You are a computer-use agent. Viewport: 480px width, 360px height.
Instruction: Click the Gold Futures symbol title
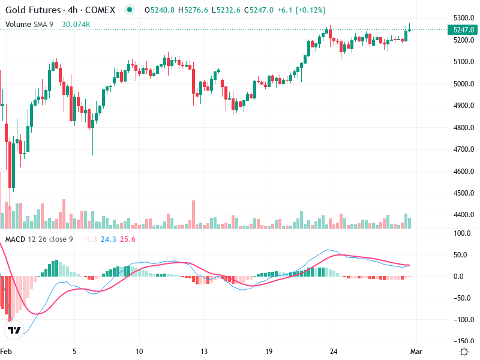click(x=60, y=10)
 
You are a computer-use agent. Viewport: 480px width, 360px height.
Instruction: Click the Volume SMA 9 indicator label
click(x=29, y=24)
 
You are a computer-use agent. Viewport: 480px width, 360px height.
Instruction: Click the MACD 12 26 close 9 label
click(x=40, y=239)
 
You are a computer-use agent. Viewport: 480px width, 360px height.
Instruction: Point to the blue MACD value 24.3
click(x=108, y=239)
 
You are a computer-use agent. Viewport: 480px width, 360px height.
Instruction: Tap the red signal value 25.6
click(x=128, y=239)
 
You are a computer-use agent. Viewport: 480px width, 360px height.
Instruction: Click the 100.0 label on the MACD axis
click(x=461, y=233)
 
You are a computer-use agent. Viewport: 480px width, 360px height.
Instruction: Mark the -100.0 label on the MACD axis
click(x=460, y=320)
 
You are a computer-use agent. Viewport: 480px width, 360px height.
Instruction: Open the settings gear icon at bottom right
click(x=463, y=352)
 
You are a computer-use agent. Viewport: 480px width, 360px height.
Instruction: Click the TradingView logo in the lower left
click(x=15, y=330)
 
